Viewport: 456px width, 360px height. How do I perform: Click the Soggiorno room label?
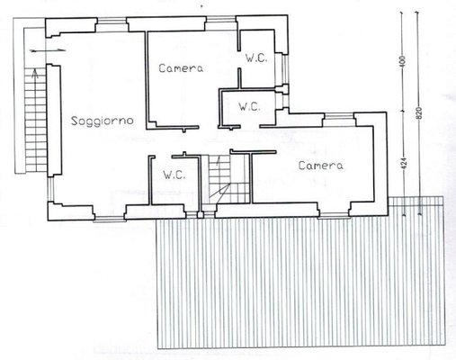102,121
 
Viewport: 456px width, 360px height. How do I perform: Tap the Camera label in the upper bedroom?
181,68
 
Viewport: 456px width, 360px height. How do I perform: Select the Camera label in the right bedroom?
321,166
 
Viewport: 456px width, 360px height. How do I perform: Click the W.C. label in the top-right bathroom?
256,58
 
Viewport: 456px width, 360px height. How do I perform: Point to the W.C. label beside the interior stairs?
174,175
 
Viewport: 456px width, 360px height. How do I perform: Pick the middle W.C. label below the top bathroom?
249,106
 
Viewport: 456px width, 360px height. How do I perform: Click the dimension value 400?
403,61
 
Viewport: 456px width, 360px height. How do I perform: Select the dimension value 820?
419,112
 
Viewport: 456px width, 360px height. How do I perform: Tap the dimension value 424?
403,164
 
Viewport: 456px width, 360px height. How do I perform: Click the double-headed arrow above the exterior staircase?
48,50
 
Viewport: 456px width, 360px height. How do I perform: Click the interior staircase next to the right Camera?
229,179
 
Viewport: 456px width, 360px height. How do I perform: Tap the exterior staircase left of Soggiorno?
35,120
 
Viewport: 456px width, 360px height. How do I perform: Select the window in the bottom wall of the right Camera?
334,215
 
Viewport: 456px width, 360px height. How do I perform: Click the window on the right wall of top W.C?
285,69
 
